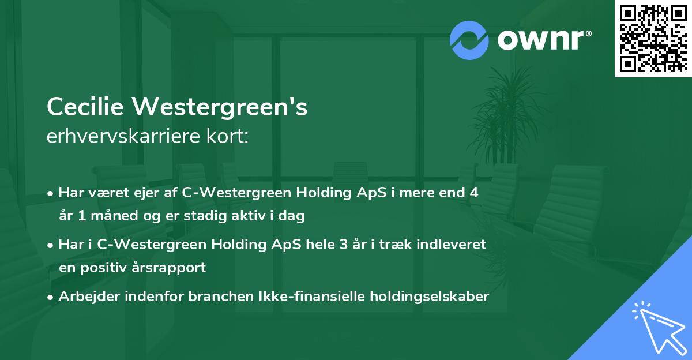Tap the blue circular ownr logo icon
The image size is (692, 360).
pos(469,40)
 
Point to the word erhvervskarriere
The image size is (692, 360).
pos(116,137)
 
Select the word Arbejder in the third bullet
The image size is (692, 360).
pos(85,297)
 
